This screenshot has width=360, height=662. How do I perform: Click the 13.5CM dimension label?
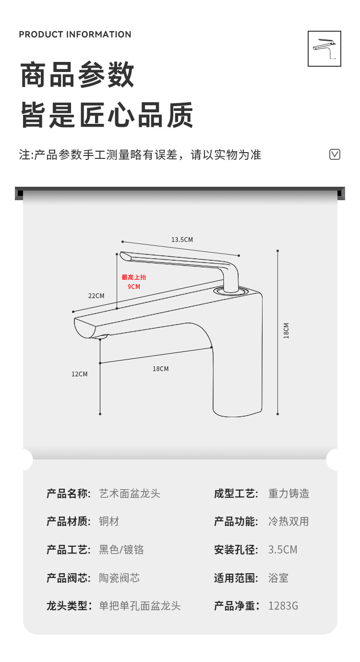click(x=182, y=240)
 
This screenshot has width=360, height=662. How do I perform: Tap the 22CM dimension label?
click(x=96, y=296)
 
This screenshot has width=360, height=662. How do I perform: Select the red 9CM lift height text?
click(x=134, y=287)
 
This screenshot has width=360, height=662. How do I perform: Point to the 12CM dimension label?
click(x=80, y=374)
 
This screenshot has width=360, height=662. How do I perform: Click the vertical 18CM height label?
click(x=286, y=331)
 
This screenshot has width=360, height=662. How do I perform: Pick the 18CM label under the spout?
click(x=160, y=369)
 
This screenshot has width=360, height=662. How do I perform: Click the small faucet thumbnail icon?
click(x=324, y=48)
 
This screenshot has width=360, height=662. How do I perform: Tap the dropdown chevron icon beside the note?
click(x=335, y=154)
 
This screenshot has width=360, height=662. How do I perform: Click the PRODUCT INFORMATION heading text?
click(x=75, y=35)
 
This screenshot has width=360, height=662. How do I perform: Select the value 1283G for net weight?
click(x=283, y=606)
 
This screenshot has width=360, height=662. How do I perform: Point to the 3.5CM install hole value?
click(x=283, y=550)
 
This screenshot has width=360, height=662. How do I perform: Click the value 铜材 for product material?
click(x=109, y=521)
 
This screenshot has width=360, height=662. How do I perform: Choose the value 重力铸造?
click(x=288, y=493)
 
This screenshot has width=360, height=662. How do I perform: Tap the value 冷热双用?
click(x=288, y=521)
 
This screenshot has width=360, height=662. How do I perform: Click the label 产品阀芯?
click(x=68, y=578)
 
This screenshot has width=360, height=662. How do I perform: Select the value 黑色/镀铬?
click(x=121, y=550)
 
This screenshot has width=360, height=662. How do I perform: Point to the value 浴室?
click(x=278, y=578)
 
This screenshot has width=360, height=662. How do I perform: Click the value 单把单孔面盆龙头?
click(x=140, y=606)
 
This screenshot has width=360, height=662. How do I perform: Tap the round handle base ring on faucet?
click(x=230, y=290)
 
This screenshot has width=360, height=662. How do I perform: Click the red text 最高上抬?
click(x=134, y=277)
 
